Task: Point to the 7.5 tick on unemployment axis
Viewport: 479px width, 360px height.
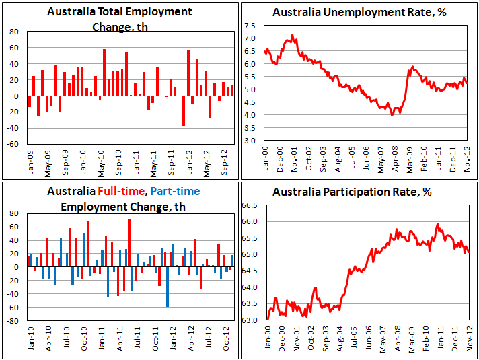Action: tap(248, 26)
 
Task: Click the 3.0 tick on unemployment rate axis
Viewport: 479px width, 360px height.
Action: tap(248, 140)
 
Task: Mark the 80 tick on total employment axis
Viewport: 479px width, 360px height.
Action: tap(13, 32)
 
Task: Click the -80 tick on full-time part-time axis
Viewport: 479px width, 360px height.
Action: tap(11, 321)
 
